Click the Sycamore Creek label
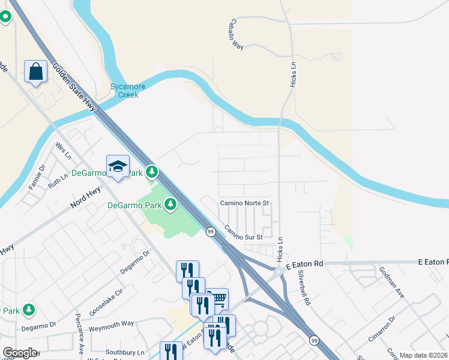[x=124, y=91]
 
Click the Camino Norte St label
[x=244, y=203]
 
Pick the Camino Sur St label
[x=244, y=233]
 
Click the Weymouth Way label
[x=111, y=323]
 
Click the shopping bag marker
[x=36, y=71]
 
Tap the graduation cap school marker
[x=118, y=167]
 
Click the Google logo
[x=20, y=353]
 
